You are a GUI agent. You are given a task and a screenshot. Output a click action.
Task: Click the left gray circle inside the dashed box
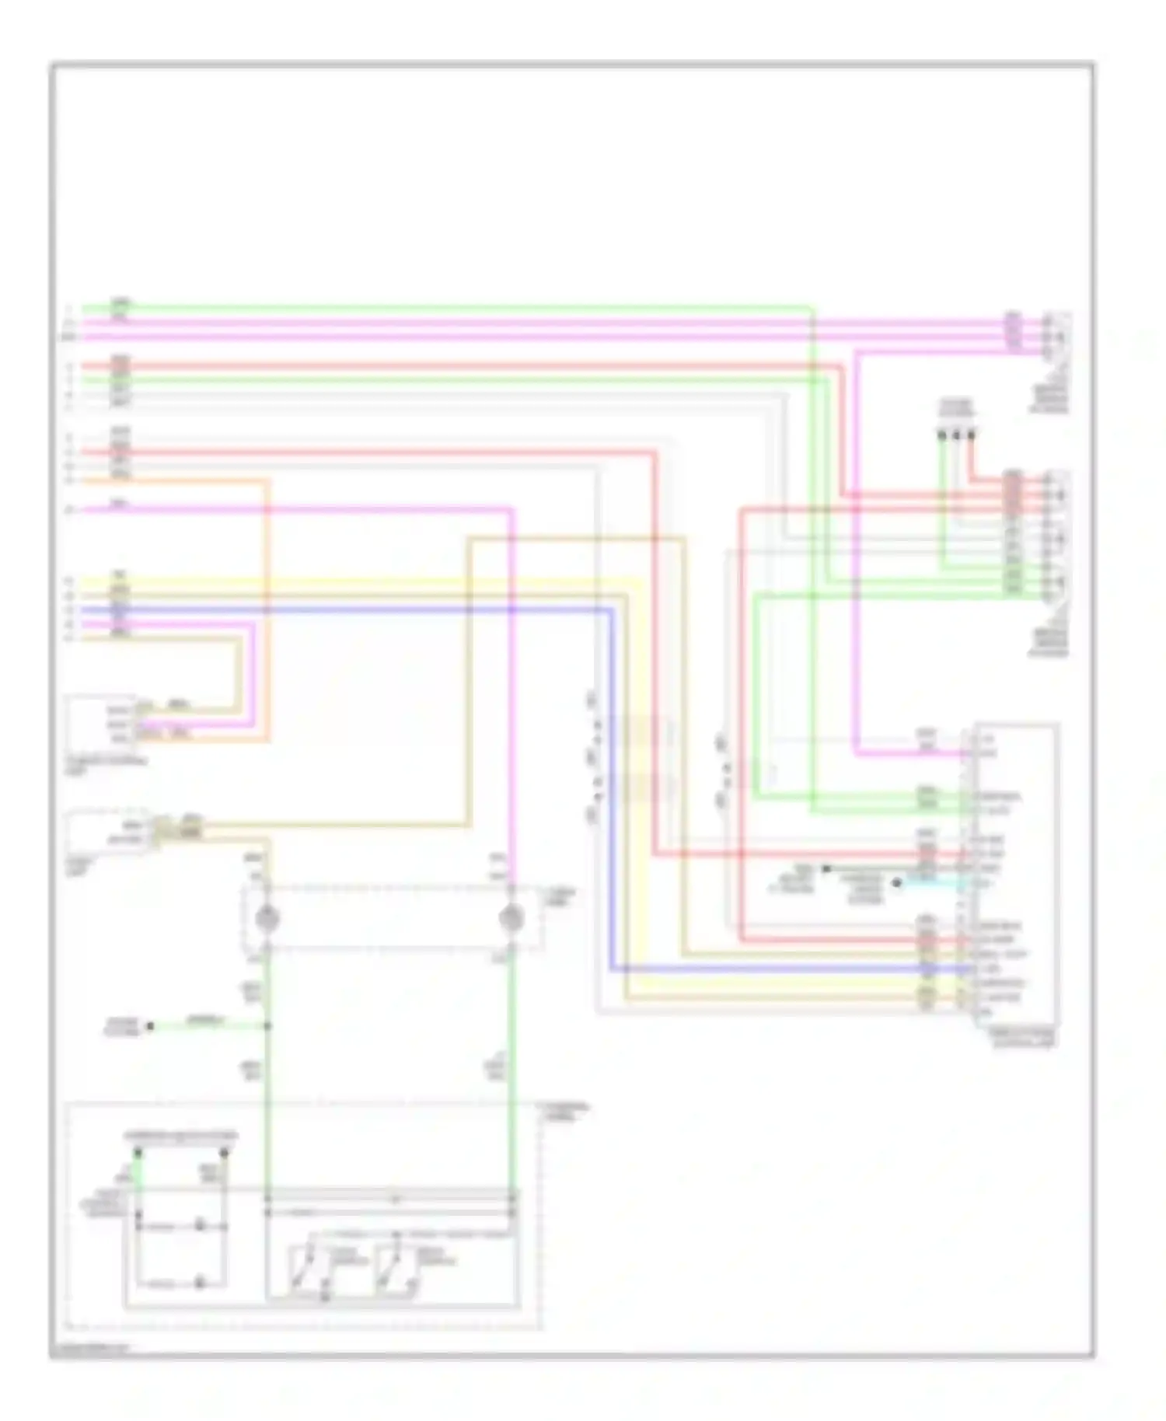click(x=267, y=918)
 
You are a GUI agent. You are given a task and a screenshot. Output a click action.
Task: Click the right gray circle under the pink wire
click(x=511, y=918)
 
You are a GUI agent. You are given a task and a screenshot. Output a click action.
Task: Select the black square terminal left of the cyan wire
click(x=826, y=868)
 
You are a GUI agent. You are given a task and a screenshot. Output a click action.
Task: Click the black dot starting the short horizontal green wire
click(x=151, y=1026)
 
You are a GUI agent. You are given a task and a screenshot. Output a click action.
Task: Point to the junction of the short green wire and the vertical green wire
click(x=267, y=1026)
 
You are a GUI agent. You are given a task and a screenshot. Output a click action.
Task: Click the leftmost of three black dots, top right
click(x=942, y=435)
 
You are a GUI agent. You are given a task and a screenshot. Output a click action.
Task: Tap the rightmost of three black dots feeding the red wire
click(x=971, y=435)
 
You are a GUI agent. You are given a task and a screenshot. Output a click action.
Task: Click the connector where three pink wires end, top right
click(x=1056, y=331)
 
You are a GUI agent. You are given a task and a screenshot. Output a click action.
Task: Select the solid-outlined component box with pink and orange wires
click(x=101, y=719)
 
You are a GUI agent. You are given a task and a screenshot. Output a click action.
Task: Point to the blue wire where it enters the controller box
click(x=964, y=969)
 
